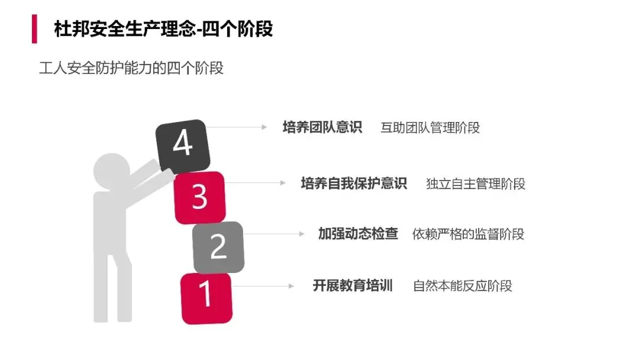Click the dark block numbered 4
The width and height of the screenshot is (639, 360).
[x=182, y=144]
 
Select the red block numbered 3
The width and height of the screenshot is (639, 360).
[x=199, y=197]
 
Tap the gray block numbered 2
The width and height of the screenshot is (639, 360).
[x=218, y=247]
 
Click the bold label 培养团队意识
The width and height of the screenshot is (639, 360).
[x=322, y=127]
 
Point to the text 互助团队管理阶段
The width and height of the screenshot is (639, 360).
[x=430, y=128]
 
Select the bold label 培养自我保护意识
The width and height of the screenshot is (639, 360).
[x=354, y=183]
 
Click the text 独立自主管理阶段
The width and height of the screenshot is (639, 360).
[x=476, y=184]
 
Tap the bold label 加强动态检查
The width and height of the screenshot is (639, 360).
[x=358, y=234]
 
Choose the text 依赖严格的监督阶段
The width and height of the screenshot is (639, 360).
[x=468, y=234]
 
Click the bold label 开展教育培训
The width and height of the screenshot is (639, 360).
[x=353, y=286]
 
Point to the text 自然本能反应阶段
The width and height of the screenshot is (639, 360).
[x=462, y=286]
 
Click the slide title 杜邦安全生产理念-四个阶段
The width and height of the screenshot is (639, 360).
[x=163, y=29]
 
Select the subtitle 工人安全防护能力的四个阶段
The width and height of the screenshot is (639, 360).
[x=131, y=68]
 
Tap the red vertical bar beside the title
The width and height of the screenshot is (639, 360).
[x=34, y=29]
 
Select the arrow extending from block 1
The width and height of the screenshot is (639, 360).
[x=263, y=286]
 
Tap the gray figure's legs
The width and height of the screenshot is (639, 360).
[x=113, y=290]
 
